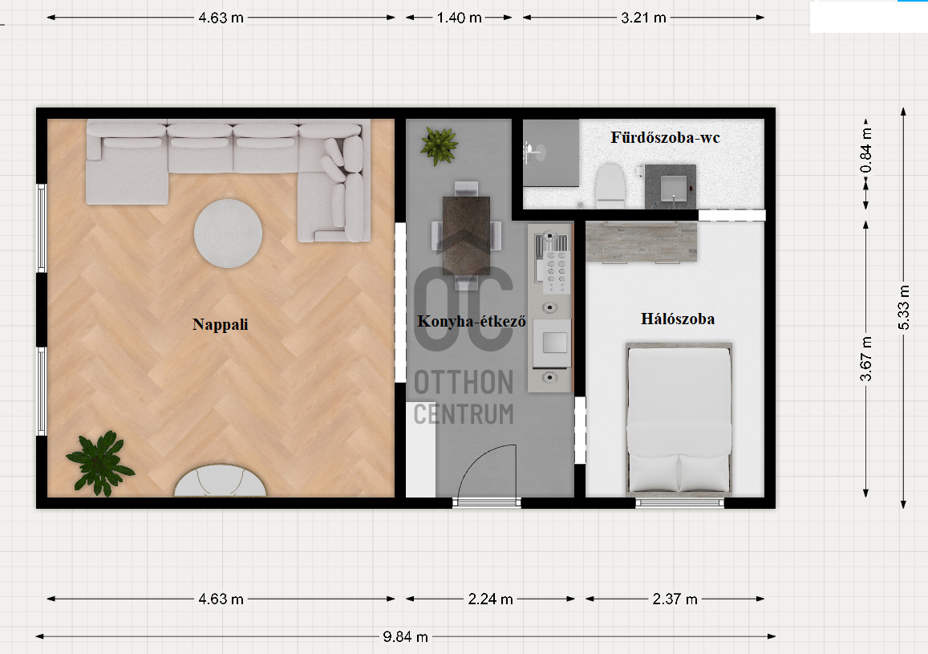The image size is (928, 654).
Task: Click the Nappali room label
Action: click(220, 324)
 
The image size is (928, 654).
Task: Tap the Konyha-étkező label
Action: click(471, 321)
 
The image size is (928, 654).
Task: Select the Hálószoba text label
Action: click(678, 319)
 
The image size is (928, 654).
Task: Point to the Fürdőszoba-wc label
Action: click(665, 138)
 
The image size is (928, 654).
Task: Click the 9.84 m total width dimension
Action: click(405, 637)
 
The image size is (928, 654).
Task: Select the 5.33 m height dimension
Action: click(903, 308)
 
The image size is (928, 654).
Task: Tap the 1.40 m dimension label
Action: click(460, 18)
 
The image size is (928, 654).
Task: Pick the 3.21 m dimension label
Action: click(644, 18)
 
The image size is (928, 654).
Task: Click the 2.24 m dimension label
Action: click(491, 599)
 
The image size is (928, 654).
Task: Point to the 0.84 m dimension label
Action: click(866, 150)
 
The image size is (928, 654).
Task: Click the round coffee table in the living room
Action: click(228, 234)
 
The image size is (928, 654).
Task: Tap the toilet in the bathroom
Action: click(610, 185)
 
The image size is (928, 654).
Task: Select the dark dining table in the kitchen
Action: click(466, 236)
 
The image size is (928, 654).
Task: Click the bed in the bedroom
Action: click(679, 420)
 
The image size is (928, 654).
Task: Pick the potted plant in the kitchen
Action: click(440, 145)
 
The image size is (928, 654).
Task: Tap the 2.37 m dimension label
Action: click(675, 599)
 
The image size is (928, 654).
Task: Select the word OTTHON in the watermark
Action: click(464, 382)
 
